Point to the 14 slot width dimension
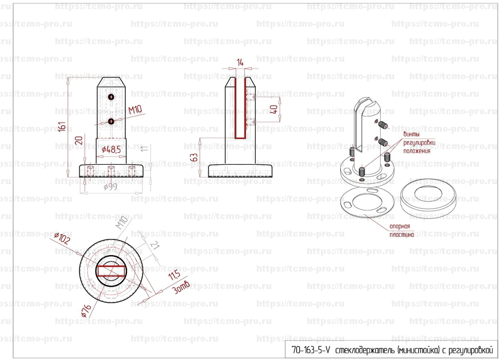pyautogui.click(x=240, y=63)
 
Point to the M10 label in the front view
pyautogui.click(x=134, y=111)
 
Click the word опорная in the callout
pyautogui.click(x=400, y=226)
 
